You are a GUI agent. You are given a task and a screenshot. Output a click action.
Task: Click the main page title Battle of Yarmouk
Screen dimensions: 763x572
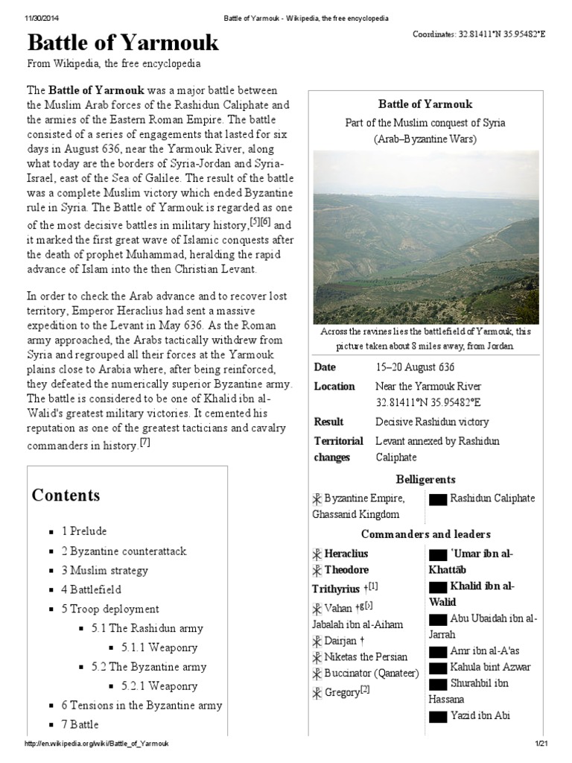tap(123, 42)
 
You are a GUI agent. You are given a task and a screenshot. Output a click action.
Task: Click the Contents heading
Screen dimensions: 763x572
tap(66, 496)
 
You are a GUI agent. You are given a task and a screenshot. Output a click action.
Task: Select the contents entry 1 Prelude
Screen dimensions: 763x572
tap(84, 531)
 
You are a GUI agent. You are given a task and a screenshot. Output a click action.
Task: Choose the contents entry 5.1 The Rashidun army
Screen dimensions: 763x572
tap(147, 628)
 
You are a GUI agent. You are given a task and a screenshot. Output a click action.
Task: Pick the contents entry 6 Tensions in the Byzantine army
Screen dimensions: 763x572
tap(142, 705)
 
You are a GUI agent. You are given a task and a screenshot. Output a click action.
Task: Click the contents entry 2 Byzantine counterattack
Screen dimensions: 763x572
tap(124, 551)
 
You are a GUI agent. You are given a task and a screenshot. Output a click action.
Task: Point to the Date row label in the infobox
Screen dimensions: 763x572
tap(325, 367)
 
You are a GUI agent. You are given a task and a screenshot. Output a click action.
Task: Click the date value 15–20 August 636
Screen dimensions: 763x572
tap(415, 367)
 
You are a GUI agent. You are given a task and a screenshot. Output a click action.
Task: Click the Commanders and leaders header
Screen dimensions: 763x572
tap(426, 534)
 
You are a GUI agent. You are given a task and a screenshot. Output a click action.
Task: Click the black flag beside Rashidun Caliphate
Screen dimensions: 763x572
tap(438, 499)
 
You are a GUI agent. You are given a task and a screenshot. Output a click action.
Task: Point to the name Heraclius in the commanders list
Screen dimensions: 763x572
tap(346, 554)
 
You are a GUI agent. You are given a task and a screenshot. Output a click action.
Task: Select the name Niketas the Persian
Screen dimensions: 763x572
tap(366, 656)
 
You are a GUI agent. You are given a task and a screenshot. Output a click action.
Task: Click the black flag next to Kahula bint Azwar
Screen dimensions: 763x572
tap(438, 667)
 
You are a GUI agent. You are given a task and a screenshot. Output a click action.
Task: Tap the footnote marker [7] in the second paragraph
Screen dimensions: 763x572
tap(144, 443)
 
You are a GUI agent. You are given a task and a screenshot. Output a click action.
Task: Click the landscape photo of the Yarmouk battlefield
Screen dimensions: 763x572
tap(426, 237)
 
